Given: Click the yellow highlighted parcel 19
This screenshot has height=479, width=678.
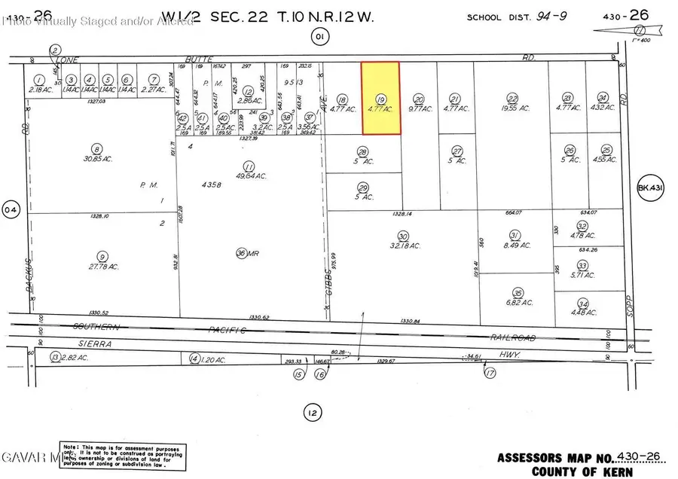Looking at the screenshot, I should pos(380,99).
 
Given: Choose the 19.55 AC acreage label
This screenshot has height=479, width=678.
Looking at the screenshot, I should pos(513,108).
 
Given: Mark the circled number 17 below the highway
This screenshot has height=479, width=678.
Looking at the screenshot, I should pos(491,373).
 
